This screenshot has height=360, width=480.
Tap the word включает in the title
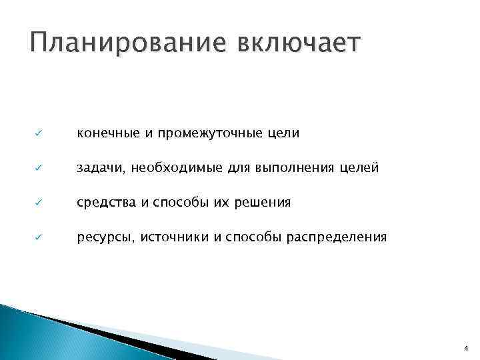coord(297,45)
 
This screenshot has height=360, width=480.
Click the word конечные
coord(106,134)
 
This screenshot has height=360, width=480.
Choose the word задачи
coord(102,169)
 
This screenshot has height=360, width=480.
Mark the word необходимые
coord(173,169)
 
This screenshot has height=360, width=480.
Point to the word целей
coord(361,169)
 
